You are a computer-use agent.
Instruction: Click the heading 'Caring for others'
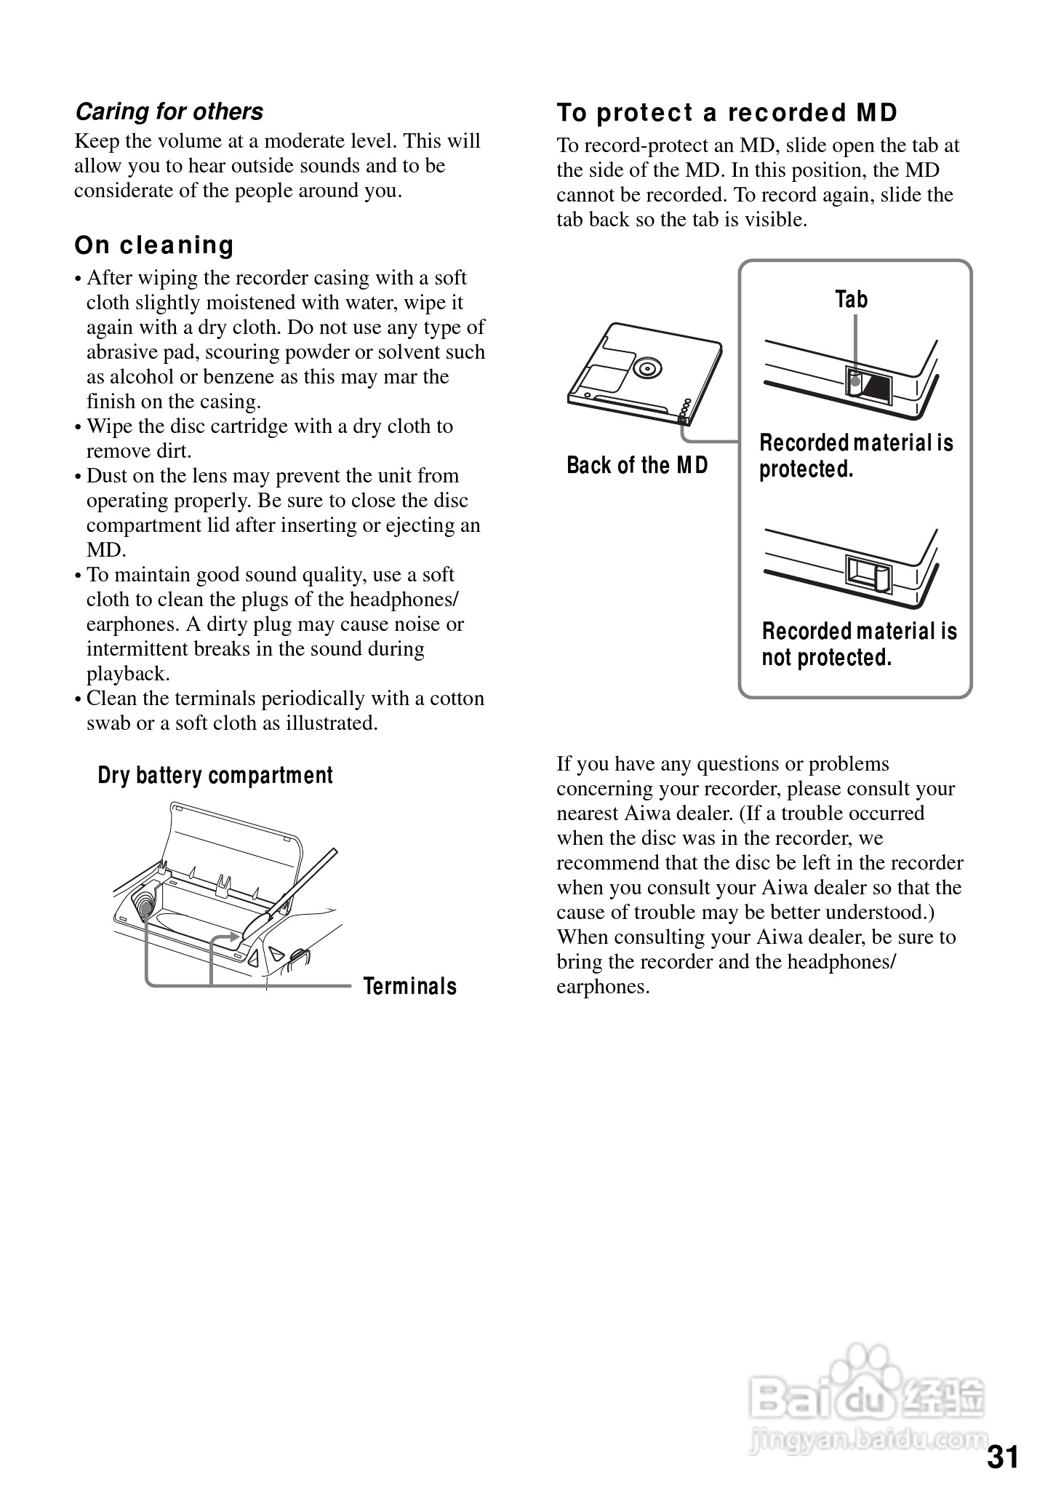[x=169, y=111]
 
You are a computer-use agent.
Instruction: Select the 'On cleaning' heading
[x=154, y=245]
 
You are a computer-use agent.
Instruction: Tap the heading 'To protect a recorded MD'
[x=727, y=113]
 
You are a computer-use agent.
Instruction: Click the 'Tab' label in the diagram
[x=851, y=299]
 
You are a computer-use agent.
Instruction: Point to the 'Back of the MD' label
[x=637, y=465]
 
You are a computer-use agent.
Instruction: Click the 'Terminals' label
[x=410, y=986]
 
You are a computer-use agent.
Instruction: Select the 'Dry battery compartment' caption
[x=215, y=776]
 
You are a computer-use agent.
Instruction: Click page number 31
[x=1003, y=1458]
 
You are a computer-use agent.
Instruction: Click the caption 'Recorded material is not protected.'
[x=859, y=644]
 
